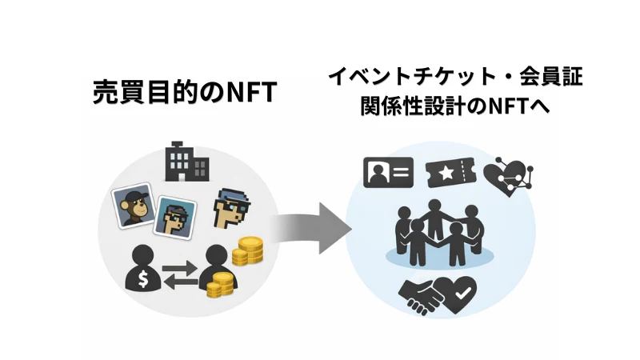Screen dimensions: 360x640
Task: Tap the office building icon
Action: pos(186,162)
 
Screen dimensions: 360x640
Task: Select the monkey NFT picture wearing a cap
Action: pos(132,206)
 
